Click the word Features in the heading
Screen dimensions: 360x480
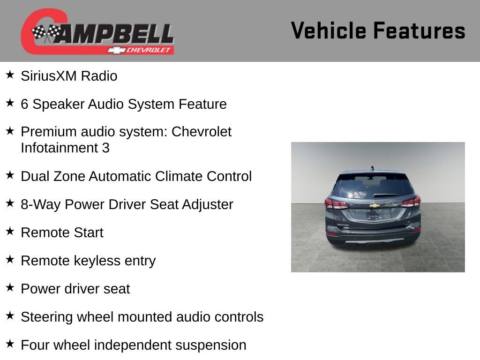click(x=420, y=30)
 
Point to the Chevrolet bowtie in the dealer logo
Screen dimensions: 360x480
click(x=115, y=50)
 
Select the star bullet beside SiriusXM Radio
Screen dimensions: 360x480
click(x=10, y=75)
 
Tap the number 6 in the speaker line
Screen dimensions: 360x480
click(x=24, y=104)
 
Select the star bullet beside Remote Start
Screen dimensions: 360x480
click(x=10, y=231)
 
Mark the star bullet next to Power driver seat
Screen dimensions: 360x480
click(x=10, y=287)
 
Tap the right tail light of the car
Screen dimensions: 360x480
click(x=410, y=202)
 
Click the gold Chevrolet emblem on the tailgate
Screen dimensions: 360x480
click(x=374, y=205)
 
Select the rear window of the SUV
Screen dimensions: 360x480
click(x=373, y=186)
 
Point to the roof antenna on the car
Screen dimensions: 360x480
click(x=372, y=167)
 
